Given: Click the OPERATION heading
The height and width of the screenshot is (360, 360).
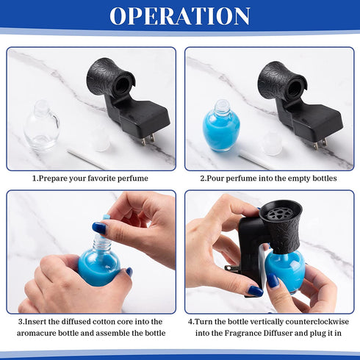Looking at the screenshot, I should tap(180, 15).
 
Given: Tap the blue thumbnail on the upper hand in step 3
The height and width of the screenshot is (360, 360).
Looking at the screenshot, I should tap(99, 228).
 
